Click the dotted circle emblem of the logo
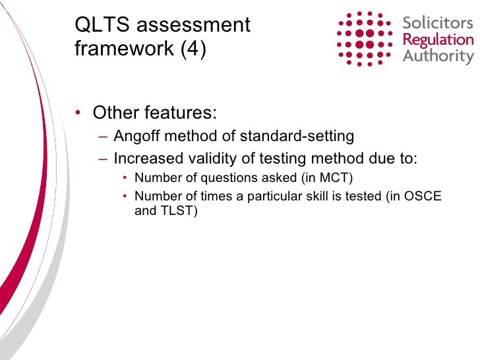point(365,38)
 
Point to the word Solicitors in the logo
point(437,24)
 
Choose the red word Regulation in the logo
point(438,40)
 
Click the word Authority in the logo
point(438,56)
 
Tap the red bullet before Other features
point(78,113)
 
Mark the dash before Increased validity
point(104,159)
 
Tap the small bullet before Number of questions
point(125,179)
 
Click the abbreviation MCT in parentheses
point(336,178)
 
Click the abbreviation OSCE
point(425,196)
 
